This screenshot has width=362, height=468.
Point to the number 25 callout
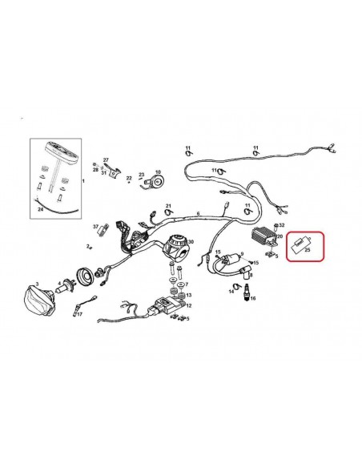(x=307, y=252)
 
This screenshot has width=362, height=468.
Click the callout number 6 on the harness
(x=198, y=214)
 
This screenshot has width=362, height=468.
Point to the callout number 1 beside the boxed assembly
(x=83, y=182)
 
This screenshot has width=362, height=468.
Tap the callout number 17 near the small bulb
(x=79, y=315)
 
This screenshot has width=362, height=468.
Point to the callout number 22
(x=129, y=178)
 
